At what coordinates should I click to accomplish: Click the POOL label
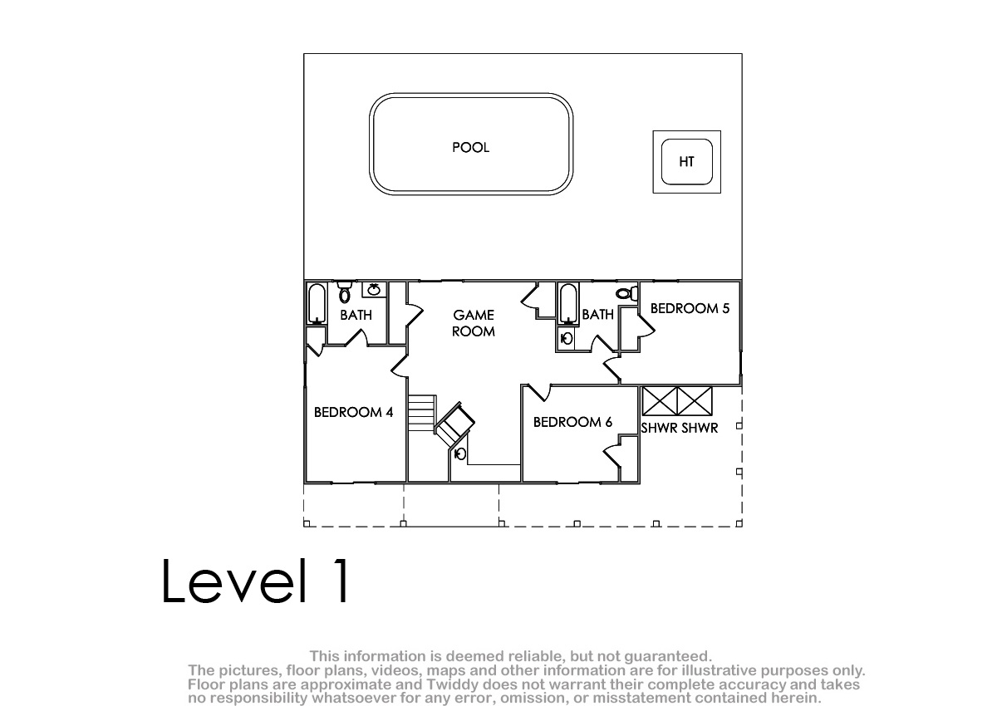tap(470, 147)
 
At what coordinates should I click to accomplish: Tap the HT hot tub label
tap(686, 161)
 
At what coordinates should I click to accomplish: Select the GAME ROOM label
tap(473, 323)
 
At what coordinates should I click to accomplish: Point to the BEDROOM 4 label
tap(353, 413)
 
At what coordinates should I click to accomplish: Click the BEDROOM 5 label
tap(690, 308)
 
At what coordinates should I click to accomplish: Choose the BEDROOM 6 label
tap(572, 422)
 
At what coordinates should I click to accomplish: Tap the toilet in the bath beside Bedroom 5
tap(627, 293)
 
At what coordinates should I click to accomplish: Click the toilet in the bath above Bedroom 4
tap(345, 292)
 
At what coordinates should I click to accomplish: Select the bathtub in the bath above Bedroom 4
tap(317, 303)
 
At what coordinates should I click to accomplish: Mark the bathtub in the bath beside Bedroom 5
tap(568, 303)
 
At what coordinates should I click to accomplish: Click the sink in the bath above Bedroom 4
tap(373, 290)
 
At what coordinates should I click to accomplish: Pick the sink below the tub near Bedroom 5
tap(566, 339)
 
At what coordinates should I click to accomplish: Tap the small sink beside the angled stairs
tap(460, 454)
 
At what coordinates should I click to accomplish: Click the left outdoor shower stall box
tap(660, 401)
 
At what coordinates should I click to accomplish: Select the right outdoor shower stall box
tap(695, 401)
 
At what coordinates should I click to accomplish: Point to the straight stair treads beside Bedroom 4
tap(421, 413)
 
